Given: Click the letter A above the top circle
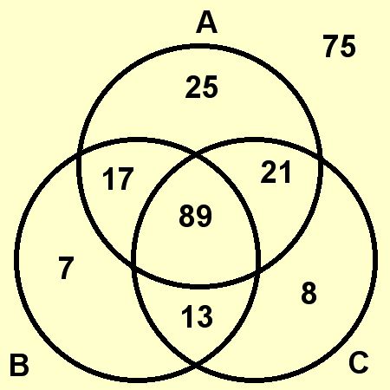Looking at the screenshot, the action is tap(206, 23).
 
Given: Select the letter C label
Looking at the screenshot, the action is tap(358, 361).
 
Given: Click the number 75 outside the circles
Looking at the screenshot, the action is tap(339, 46).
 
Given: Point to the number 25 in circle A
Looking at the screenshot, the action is tap(201, 87).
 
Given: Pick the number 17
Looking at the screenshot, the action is tap(118, 179).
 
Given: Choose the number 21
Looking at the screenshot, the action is tap(276, 172).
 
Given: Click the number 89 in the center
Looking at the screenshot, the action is tap(195, 216).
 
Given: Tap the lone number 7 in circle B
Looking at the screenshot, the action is tap(67, 269).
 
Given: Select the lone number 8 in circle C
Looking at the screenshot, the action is tap(309, 293).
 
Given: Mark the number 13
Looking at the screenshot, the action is tap(198, 316).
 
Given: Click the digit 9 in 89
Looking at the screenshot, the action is tap(204, 216).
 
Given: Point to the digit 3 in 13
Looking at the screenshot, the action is tap(205, 316).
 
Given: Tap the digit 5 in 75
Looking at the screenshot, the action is tap(348, 46).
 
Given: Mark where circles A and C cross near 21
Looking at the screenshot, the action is tap(320, 158).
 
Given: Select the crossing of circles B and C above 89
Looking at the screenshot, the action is tap(196, 157).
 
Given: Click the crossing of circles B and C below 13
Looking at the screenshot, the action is tap(196, 367).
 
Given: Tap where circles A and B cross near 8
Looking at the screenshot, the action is tap(258, 269).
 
